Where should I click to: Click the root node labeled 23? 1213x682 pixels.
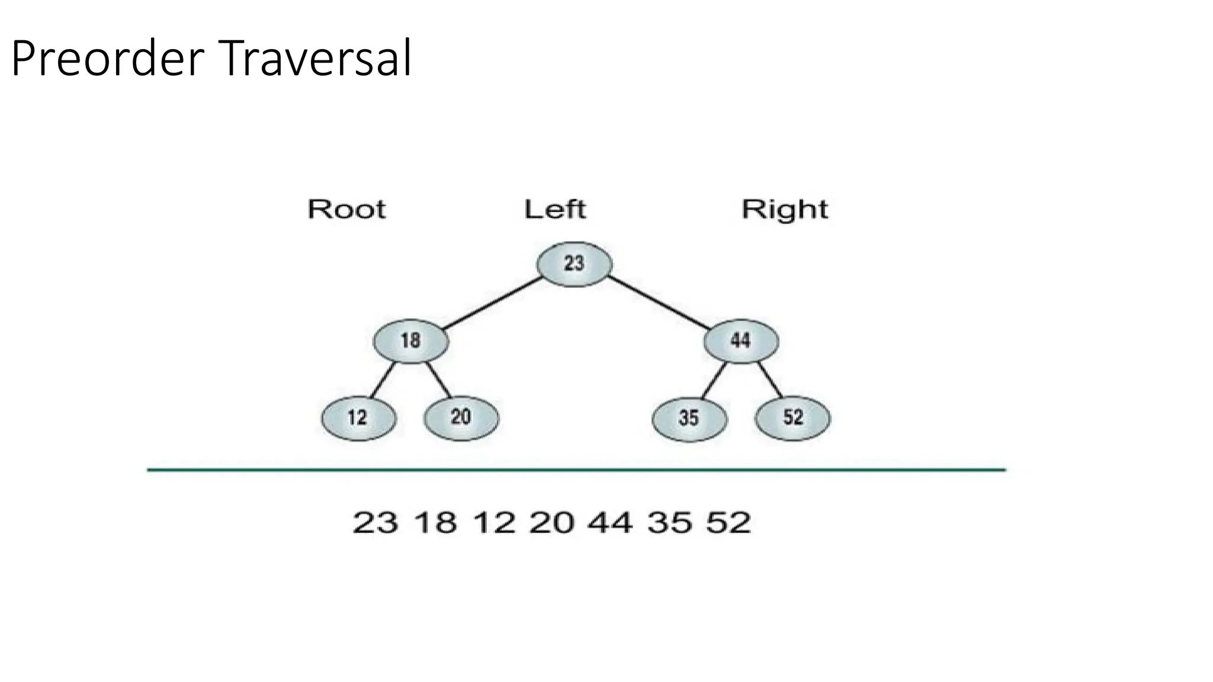[574, 264]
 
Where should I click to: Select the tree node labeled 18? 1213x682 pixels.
[410, 341]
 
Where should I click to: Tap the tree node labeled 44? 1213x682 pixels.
[741, 341]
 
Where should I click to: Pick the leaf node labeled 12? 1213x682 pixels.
[358, 419]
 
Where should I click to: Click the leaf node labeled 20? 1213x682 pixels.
[461, 418]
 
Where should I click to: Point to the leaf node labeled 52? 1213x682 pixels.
[792, 418]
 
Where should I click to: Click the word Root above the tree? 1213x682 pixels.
[346, 210]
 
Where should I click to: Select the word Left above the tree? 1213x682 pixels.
[555, 210]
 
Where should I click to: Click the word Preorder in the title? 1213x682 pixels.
[107, 59]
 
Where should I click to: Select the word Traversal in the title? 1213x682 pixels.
[317, 59]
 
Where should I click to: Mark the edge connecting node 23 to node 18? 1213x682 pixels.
[491, 303]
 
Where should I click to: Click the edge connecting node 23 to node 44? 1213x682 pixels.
[658, 303]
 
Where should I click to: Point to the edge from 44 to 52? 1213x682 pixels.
[770, 379]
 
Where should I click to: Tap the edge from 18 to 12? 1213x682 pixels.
[383, 380]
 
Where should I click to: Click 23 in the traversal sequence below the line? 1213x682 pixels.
[375, 523]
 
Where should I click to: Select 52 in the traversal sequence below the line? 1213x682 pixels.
[728, 523]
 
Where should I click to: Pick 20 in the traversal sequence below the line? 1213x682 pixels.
[551, 523]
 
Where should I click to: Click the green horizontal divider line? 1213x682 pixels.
[576, 470]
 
